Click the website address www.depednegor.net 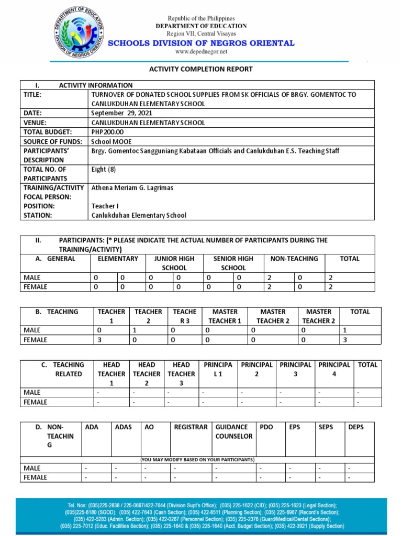pos(201,52)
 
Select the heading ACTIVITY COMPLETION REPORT pos(201,69)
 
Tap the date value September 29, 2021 pos(117,113)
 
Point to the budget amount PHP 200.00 pos(107,132)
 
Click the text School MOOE pos(109,142)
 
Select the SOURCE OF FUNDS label pos(53,142)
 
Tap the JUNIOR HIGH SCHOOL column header pos(174,263)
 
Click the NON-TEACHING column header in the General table pos(294,259)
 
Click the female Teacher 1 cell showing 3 pos(99,340)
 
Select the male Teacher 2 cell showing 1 pos(135,330)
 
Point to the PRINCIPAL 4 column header pos(334,369)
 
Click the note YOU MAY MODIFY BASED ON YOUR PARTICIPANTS pos(197,460)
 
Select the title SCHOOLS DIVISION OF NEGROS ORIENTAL pos(201,43)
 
